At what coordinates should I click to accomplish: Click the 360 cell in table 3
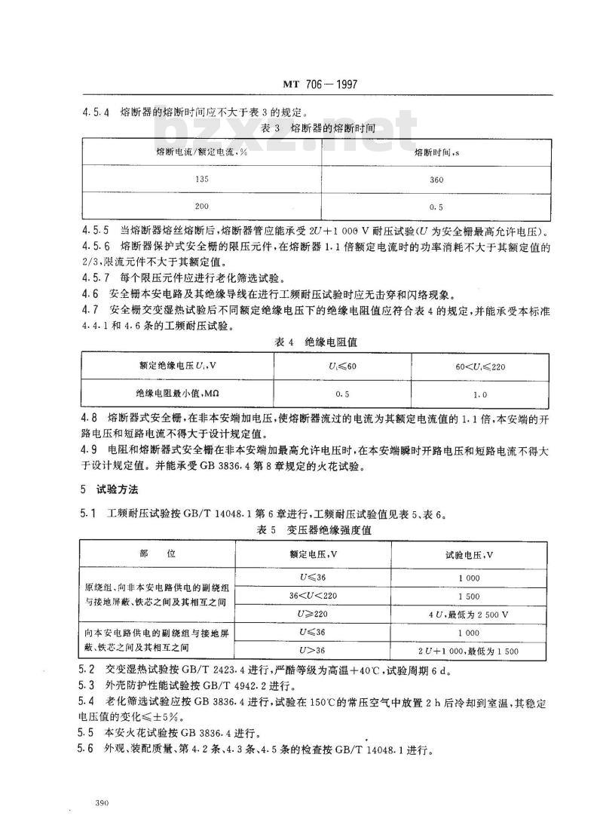(436, 179)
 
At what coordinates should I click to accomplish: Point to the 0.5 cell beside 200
(436, 205)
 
